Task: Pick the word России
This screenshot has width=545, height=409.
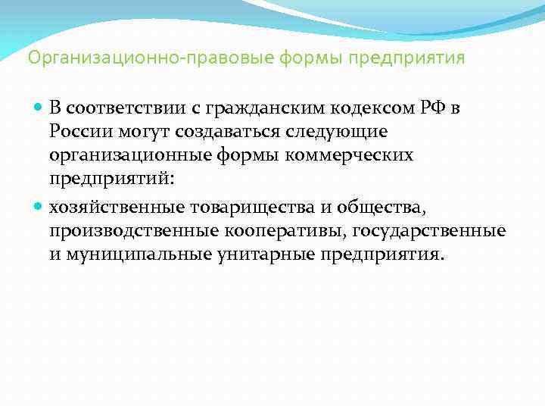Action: pos(80,133)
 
